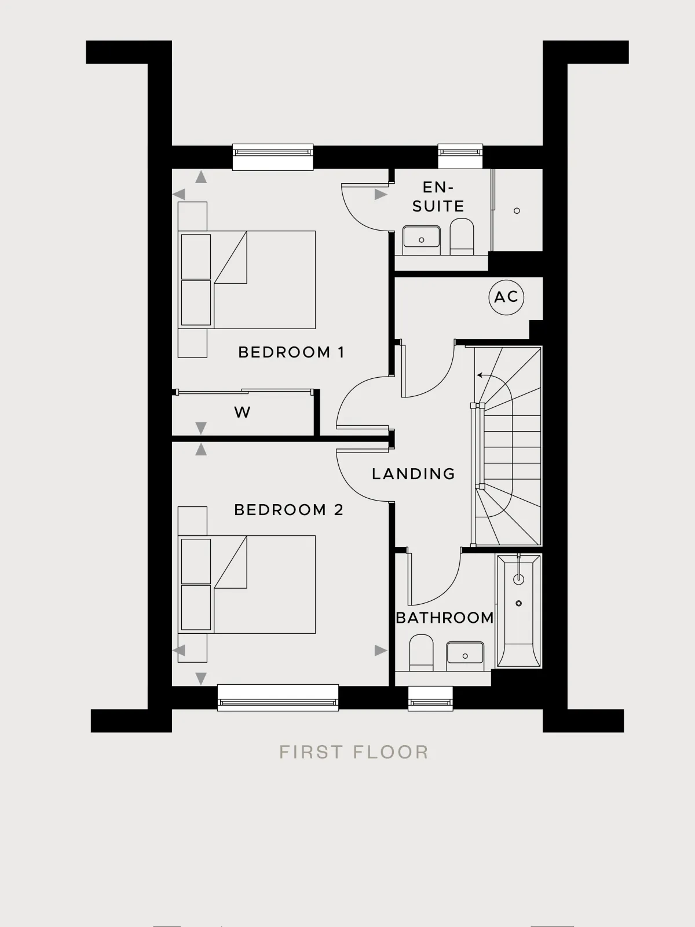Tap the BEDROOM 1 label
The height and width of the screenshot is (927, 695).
(291, 352)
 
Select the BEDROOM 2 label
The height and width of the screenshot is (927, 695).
(288, 510)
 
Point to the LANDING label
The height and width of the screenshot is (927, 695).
(413, 474)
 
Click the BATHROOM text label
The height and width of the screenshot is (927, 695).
(445, 618)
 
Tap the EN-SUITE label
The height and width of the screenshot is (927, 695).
(438, 196)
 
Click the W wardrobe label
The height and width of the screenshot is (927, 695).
(242, 412)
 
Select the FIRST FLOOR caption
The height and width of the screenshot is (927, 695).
(354, 752)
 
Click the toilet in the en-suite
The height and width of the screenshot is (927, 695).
(462, 236)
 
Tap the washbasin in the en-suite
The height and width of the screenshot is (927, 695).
(421, 239)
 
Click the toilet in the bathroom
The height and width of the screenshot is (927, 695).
(421, 652)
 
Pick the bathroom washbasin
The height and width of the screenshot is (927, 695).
(465, 656)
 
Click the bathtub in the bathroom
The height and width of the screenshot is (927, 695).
(518, 611)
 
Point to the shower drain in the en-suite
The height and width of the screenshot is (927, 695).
(517, 211)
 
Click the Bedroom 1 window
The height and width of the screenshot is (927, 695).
(273, 157)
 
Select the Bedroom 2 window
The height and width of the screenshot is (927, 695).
(277, 698)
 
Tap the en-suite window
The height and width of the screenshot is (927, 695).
(460, 156)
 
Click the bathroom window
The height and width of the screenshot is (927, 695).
(430, 699)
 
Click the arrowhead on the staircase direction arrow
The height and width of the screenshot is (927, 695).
(480, 375)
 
